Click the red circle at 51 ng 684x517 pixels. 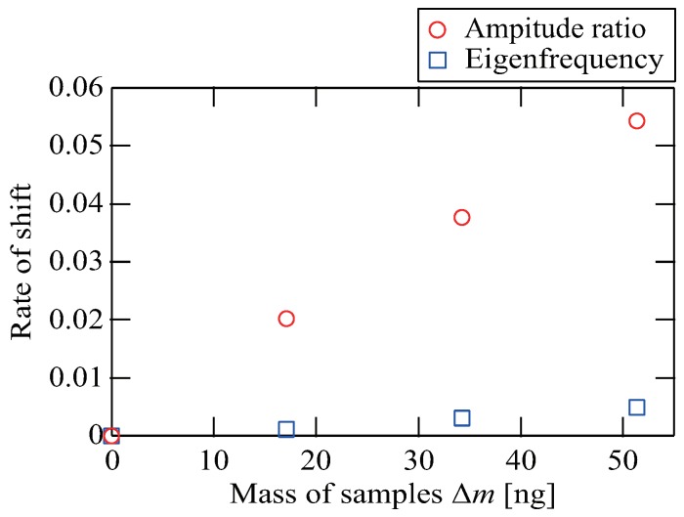click(636, 121)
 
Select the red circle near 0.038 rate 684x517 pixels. click(461, 217)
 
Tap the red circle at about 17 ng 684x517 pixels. click(286, 319)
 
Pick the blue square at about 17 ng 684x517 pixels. click(286, 429)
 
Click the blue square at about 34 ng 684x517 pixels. click(461, 418)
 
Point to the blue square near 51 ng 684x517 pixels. click(636, 408)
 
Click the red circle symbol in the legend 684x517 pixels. click(438, 23)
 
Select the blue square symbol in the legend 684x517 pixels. click(438, 60)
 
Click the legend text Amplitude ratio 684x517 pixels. click(554, 23)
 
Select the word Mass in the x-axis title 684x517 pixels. click(257, 494)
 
